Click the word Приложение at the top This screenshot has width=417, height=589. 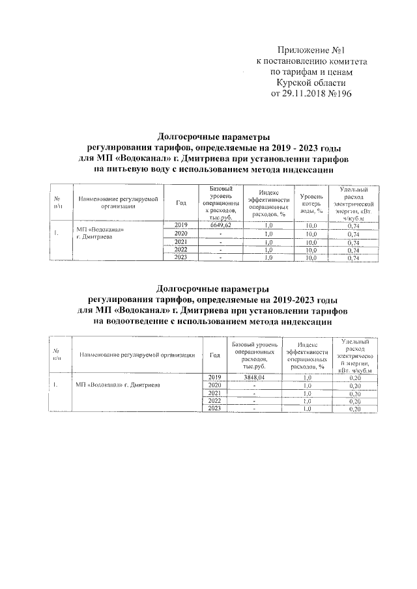(304, 50)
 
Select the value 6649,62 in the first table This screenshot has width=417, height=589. (221, 225)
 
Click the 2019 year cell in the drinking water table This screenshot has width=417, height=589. (181, 225)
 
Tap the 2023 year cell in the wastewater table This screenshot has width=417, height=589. (214, 409)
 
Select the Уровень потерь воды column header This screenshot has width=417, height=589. (308, 202)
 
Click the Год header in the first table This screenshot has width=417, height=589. (181, 202)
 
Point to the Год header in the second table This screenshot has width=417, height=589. (214, 355)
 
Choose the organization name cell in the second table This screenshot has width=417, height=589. (121, 385)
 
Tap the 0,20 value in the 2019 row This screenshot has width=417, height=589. (354, 377)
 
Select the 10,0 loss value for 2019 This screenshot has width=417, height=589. (308, 225)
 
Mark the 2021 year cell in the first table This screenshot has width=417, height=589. (181, 242)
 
